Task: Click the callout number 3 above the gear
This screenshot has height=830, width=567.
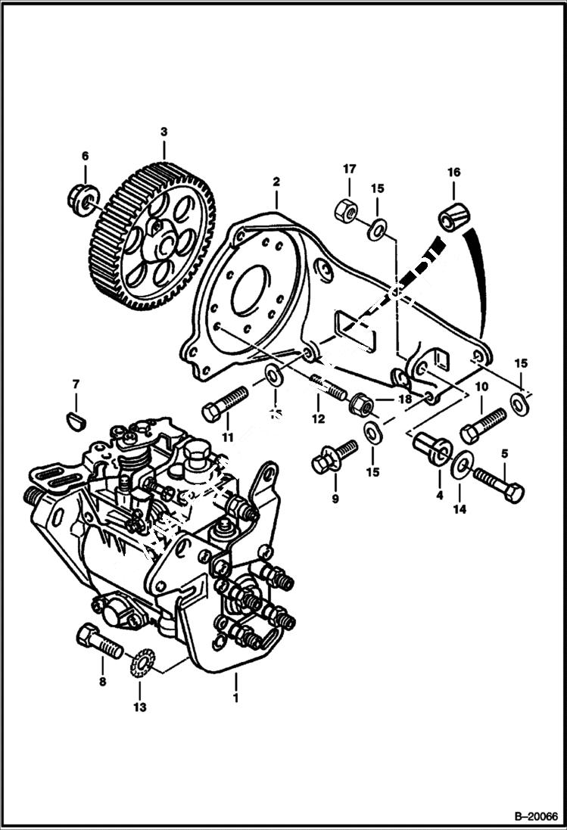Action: click(164, 132)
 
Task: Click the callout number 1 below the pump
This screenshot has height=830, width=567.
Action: click(235, 698)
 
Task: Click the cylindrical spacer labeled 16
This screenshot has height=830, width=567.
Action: click(454, 216)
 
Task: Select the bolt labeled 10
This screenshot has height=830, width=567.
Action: click(482, 425)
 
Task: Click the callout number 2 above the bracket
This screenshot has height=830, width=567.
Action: click(276, 182)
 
